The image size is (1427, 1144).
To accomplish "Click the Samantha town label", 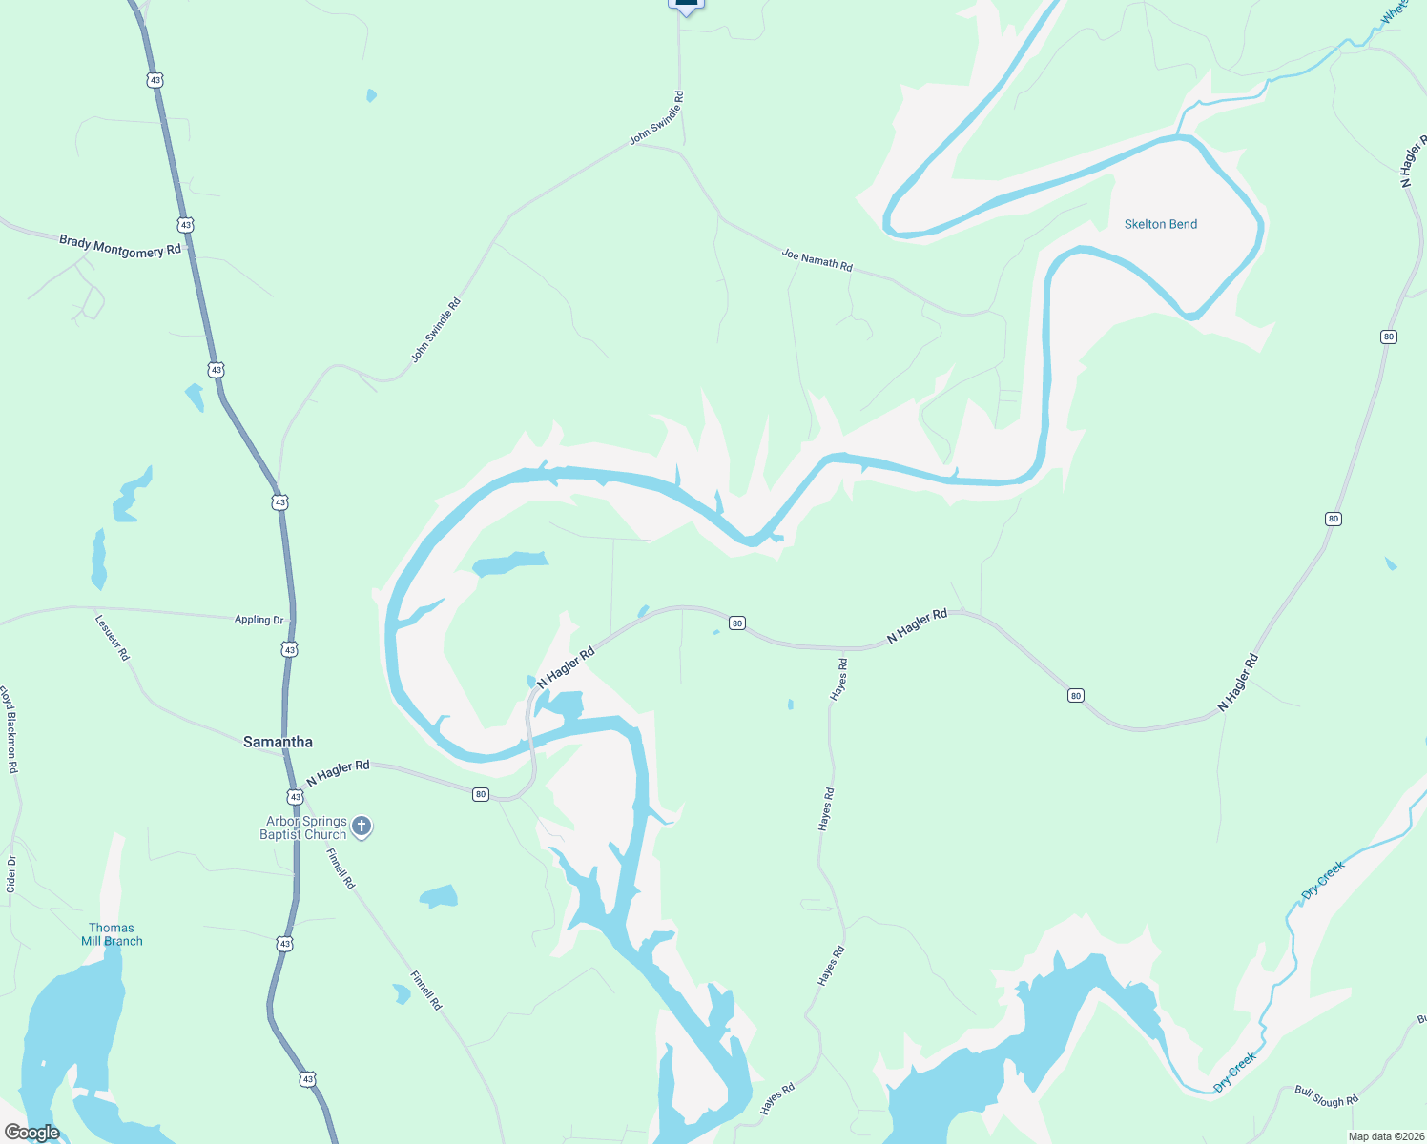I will [278, 742].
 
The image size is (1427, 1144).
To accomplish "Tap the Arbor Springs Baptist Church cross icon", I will [362, 827].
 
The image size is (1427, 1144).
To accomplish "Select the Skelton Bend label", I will [1160, 224].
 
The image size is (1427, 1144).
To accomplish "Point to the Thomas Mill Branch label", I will [112, 934].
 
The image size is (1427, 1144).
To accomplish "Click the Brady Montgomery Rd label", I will [120, 246].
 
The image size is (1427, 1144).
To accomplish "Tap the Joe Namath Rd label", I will [817, 259].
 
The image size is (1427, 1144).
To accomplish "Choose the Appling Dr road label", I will [259, 620].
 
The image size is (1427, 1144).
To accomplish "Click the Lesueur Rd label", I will [113, 637].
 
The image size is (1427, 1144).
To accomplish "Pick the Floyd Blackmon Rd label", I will [9, 728].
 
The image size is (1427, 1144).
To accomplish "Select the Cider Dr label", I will [11, 873].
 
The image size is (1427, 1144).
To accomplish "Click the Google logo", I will [31, 1133].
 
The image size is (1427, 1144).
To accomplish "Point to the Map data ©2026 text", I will [1385, 1136].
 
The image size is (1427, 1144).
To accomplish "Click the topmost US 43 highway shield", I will [155, 80].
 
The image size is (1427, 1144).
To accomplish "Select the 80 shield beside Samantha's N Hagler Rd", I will [481, 794].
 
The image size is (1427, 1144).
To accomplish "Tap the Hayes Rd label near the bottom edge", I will [777, 1099].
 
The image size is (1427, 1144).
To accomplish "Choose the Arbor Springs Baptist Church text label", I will [305, 827].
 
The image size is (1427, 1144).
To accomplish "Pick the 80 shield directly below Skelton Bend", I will [1388, 337].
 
